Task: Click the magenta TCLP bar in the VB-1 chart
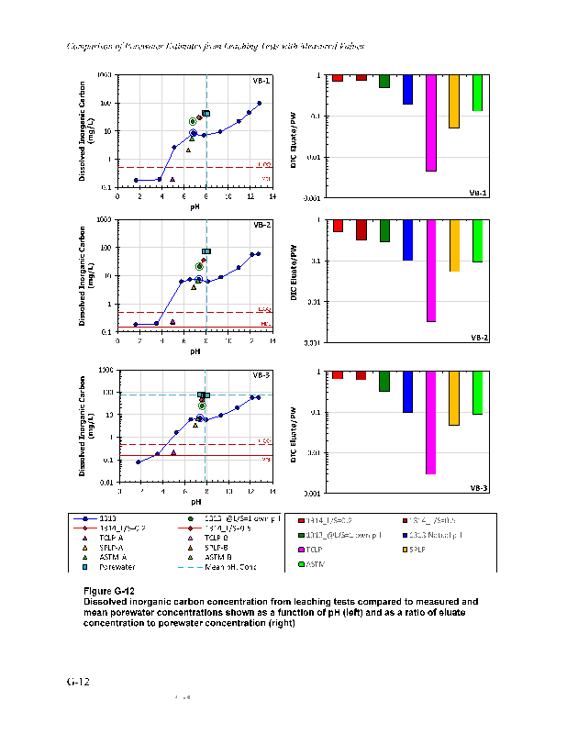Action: click(430, 123)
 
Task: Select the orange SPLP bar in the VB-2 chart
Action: click(454, 245)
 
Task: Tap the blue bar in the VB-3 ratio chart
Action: click(407, 392)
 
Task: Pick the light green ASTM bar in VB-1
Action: click(477, 93)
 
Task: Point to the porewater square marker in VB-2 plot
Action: click(206, 251)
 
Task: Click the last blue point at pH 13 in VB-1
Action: click(260, 103)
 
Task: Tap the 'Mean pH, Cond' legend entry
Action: click(217, 567)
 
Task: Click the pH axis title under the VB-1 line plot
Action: click(195, 206)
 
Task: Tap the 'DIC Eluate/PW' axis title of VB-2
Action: click(295, 281)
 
